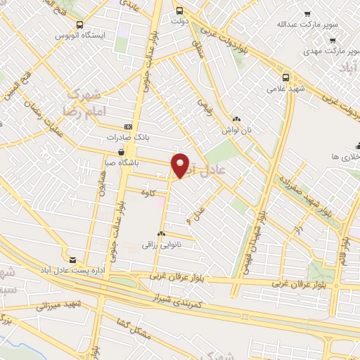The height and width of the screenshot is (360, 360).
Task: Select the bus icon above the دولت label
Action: coord(180,11)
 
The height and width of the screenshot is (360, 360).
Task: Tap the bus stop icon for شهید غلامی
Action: coord(285,77)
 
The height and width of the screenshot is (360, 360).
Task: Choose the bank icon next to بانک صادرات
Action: coord(127,127)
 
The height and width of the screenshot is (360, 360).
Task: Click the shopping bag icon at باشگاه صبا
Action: coord(123,151)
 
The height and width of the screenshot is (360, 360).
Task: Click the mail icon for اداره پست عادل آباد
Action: coord(72,259)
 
